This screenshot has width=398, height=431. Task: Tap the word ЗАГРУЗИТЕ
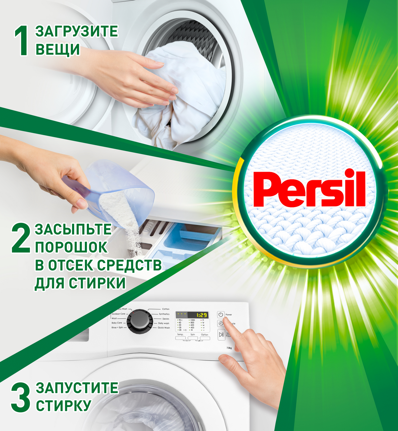click(77, 31)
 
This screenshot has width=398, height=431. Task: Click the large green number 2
click(21, 239)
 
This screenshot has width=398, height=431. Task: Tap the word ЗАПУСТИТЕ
click(77, 388)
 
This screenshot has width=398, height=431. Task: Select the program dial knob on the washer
click(138, 321)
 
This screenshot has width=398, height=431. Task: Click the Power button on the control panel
click(221, 314)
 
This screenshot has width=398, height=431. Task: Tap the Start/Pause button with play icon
click(221, 334)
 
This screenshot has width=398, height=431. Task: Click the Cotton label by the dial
click(166, 309)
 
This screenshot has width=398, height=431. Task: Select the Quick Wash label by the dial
click(164, 328)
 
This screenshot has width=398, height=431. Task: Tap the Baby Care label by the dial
click(117, 323)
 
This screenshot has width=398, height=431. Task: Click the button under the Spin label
click(193, 338)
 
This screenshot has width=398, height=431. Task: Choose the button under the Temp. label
click(180, 338)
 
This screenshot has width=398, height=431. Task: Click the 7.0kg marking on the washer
click(229, 348)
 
